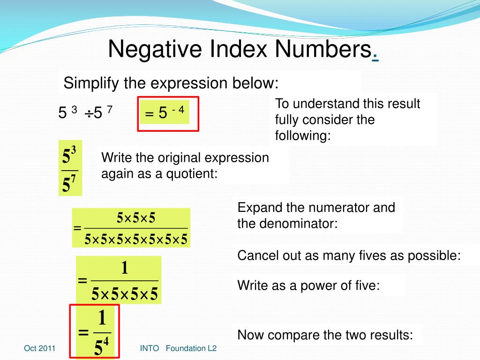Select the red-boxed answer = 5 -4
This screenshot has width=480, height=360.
[x=165, y=112]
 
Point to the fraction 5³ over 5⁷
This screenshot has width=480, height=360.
[x=70, y=168]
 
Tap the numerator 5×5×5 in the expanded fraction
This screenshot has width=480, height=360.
[x=136, y=218]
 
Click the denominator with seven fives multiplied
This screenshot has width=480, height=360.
[x=136, y=240]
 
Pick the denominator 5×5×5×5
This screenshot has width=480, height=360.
[x=125, y=294]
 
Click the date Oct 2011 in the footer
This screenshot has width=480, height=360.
[x=40, y=348]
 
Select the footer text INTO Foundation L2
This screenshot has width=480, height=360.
[x=178, y=348]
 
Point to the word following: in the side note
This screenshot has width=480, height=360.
[x=303, y=136]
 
